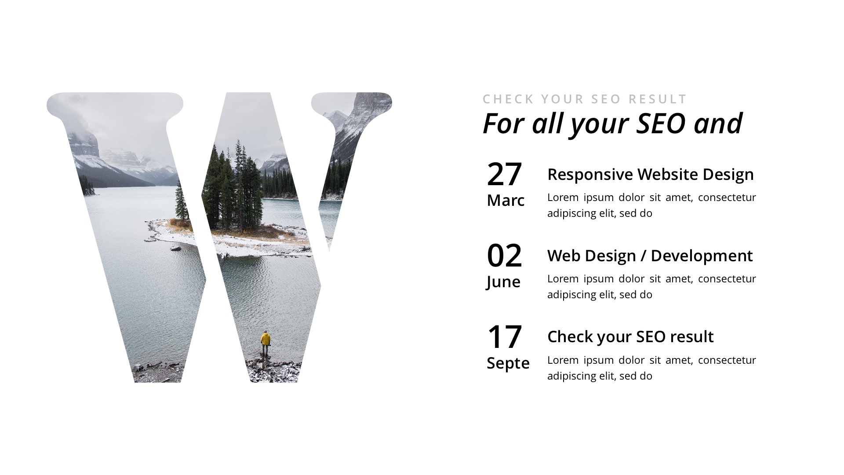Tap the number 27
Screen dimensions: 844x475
[x=504, y=174]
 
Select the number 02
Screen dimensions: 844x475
[x=504, y=256]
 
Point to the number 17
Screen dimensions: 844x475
[x=504, y=337]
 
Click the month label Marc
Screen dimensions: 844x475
[x=506, y=201]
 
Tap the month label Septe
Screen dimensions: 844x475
[x=508, y=363]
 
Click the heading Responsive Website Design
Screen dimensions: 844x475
[x=651, y=175]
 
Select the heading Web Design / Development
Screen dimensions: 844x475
[x=650, y=256]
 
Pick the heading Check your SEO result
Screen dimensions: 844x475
[x=630, y=337]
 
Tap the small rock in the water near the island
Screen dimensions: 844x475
[x=176, y=248]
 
